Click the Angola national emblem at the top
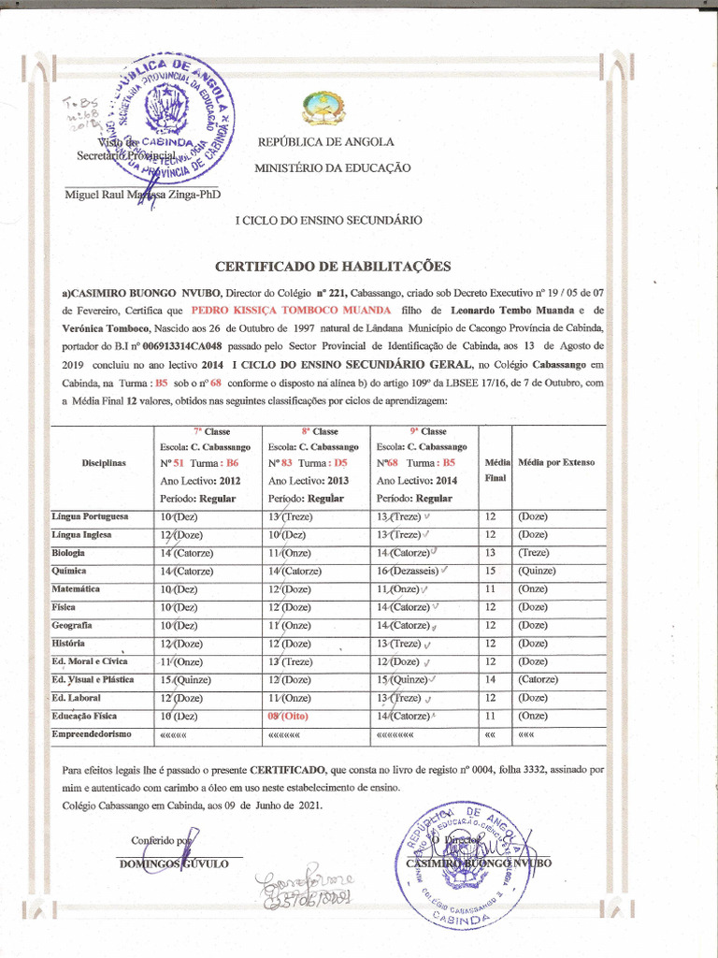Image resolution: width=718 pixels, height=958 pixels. point(323,109)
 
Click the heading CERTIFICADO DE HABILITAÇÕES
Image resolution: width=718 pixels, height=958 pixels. point(333,266)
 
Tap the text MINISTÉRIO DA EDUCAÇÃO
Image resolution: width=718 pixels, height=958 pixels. point(332,167)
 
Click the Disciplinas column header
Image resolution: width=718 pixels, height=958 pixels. point(103,462)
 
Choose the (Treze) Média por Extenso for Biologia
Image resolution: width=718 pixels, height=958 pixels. point(536,553)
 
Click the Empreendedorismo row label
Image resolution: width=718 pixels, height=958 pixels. point(92,733)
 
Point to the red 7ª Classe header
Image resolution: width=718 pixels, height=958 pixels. point(210,431)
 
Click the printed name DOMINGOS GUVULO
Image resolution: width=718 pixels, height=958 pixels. point(173,864)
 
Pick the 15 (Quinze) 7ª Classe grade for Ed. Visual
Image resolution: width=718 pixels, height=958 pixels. point(184,679)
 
